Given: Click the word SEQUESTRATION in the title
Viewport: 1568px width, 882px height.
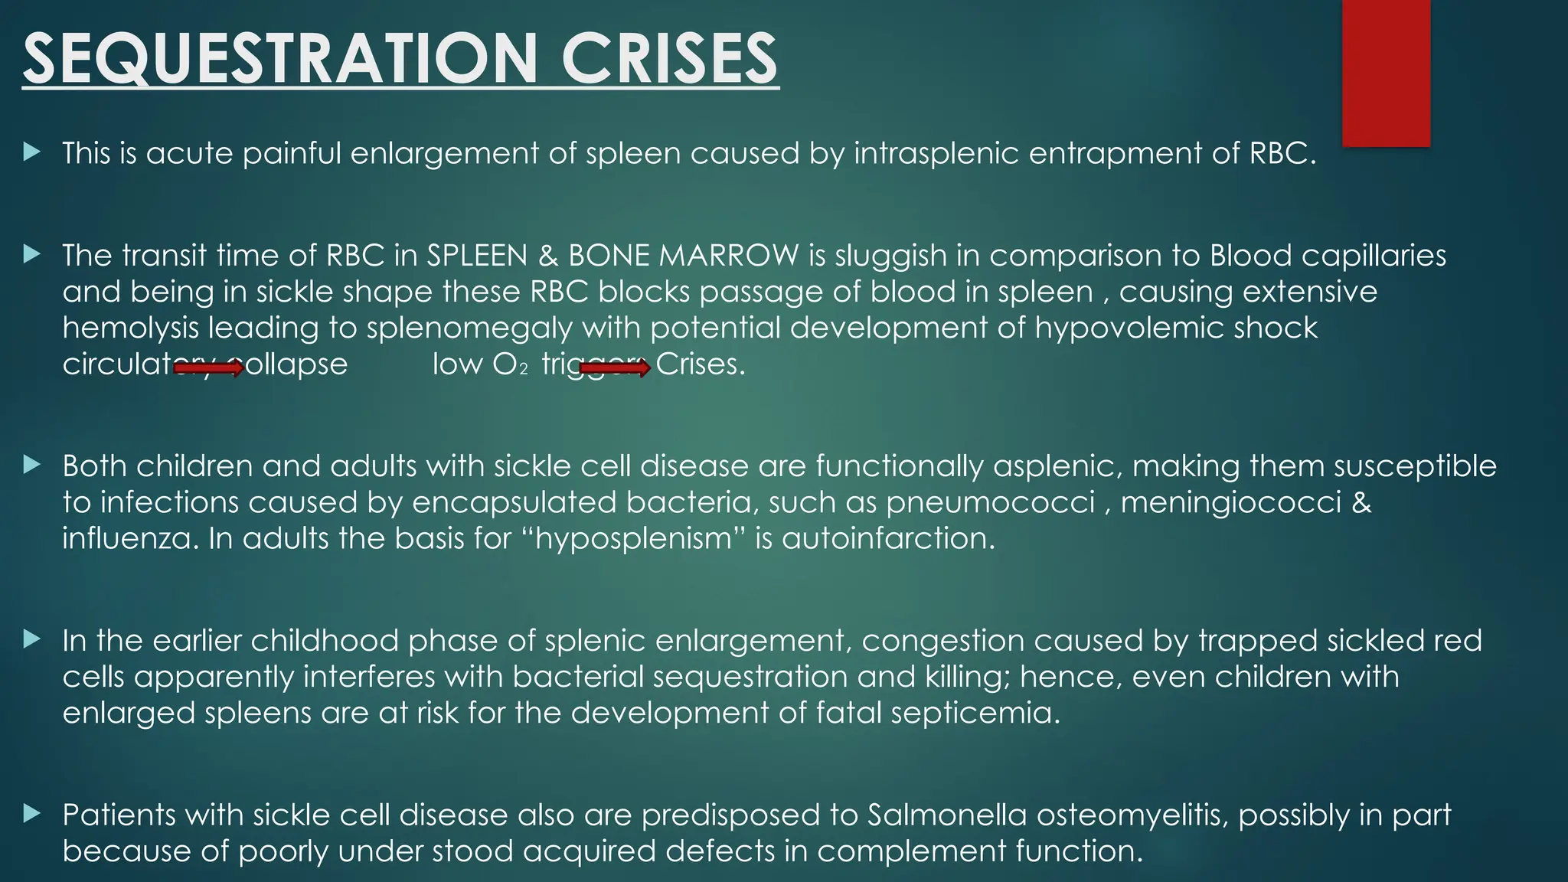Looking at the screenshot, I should (280, 59).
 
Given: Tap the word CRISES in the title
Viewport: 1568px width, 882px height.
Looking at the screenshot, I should (669, 59).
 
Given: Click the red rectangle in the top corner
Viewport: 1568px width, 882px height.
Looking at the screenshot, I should (1386, 73).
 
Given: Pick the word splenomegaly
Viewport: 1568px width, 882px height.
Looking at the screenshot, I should (469, 328).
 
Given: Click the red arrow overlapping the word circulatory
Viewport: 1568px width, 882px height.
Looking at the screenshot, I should (209, 369).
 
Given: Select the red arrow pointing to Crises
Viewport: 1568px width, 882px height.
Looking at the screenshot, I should (615, 369).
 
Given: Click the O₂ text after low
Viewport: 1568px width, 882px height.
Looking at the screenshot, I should (510, 364).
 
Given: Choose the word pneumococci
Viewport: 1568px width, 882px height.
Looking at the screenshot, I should (991, 502).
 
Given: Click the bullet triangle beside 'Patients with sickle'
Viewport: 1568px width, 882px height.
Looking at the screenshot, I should (31, 813).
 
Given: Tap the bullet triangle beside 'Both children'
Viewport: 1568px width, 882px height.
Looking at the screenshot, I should (31, 465).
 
